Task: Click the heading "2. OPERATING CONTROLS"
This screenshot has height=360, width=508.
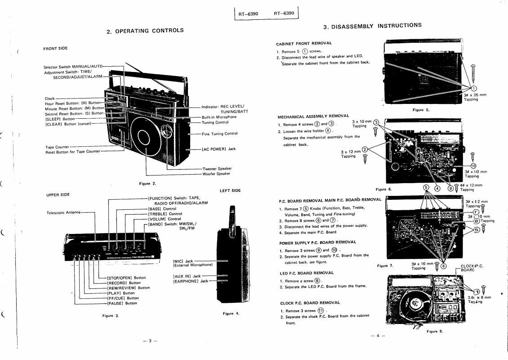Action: point(145,31)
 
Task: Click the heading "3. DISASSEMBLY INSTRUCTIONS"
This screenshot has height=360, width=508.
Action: point(372,26)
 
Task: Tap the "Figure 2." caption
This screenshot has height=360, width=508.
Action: point(147,183)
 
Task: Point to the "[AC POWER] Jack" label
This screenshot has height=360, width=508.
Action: point(218,149)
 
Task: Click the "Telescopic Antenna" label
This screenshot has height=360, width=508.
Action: point(63,212)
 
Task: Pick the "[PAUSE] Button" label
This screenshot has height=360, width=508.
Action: point(123,303)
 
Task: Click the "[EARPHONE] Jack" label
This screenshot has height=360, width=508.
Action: point(191,281)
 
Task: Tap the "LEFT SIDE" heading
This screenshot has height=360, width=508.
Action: point(230,191)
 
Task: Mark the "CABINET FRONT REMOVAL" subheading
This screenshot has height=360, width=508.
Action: point(303,43)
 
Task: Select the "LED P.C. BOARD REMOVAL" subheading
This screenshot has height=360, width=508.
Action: point(306,273)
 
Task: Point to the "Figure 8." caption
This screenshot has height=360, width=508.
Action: point(434,331)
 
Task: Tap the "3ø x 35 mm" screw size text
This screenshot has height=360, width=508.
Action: point(475,94)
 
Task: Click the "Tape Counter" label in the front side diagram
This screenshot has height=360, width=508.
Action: point(57,147)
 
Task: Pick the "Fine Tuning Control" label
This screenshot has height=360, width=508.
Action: point(219,134)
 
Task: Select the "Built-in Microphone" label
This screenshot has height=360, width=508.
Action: point(219,117)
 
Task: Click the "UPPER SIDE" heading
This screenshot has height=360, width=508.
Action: point(58,195)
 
